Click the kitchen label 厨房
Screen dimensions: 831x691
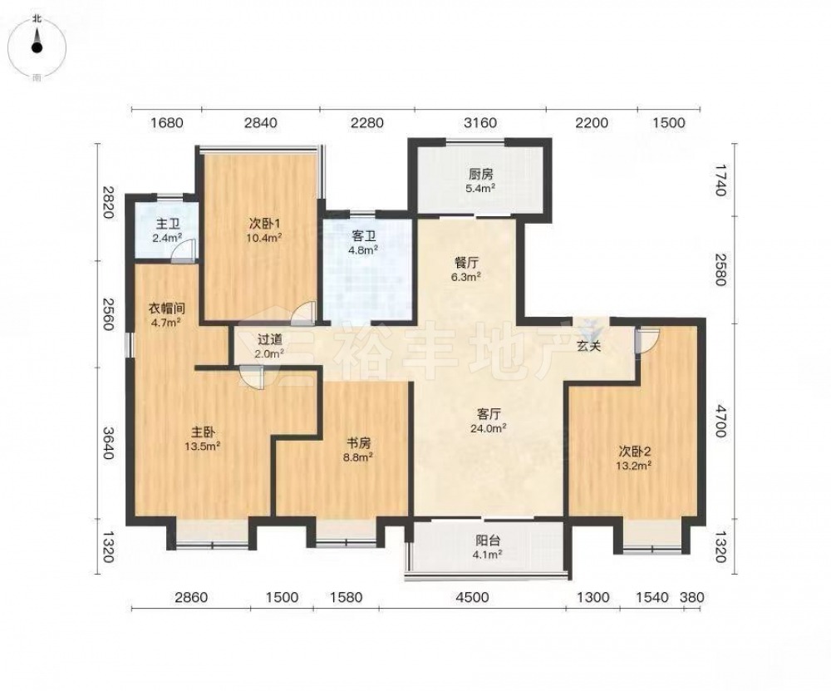481,174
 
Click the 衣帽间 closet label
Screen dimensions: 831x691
166,308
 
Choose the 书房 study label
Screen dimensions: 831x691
359,443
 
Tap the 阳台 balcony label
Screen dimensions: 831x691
488,541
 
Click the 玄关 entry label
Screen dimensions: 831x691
589,346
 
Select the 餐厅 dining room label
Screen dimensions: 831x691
467,263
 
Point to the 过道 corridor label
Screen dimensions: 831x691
270,339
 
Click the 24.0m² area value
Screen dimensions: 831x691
489,427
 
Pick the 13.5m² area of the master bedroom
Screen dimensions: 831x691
203,446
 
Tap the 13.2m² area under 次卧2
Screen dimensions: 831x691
634,465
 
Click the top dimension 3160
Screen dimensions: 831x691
480,123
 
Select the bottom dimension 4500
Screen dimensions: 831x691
472,597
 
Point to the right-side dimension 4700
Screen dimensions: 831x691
719,421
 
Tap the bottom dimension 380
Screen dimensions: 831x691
692,597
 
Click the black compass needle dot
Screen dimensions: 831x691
37,47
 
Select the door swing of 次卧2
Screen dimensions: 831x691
647,340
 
